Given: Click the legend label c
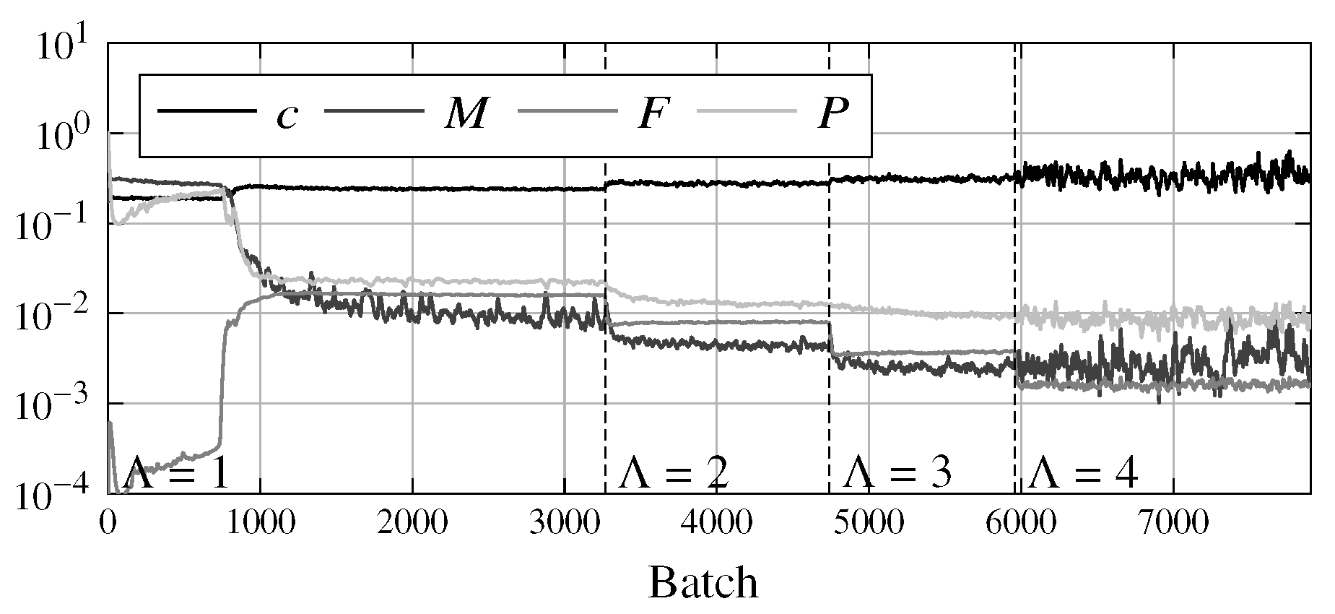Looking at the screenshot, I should pyautogui.click(x=287, y=116).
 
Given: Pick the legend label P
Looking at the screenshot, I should pyautogui.click(x=832, y=114).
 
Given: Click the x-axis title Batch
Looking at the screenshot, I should pyautogui.click(x=703, y=582).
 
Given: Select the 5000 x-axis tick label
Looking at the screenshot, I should pyautogui.click(x=869, y=523).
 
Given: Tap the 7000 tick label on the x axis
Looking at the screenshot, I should pyautogui.click(x=1173, y=523).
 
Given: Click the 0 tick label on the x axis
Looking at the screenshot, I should pyautogui.click(x=108, y=523).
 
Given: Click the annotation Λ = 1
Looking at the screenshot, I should pyautogui.click(x=177, y=475).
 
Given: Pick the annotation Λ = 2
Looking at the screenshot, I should pyautogui.click(x=674, y=475).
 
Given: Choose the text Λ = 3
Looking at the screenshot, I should pyautogui.click(x=897, y=475).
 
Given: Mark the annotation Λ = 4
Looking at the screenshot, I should pyautogui.click(x=1084, y=475).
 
